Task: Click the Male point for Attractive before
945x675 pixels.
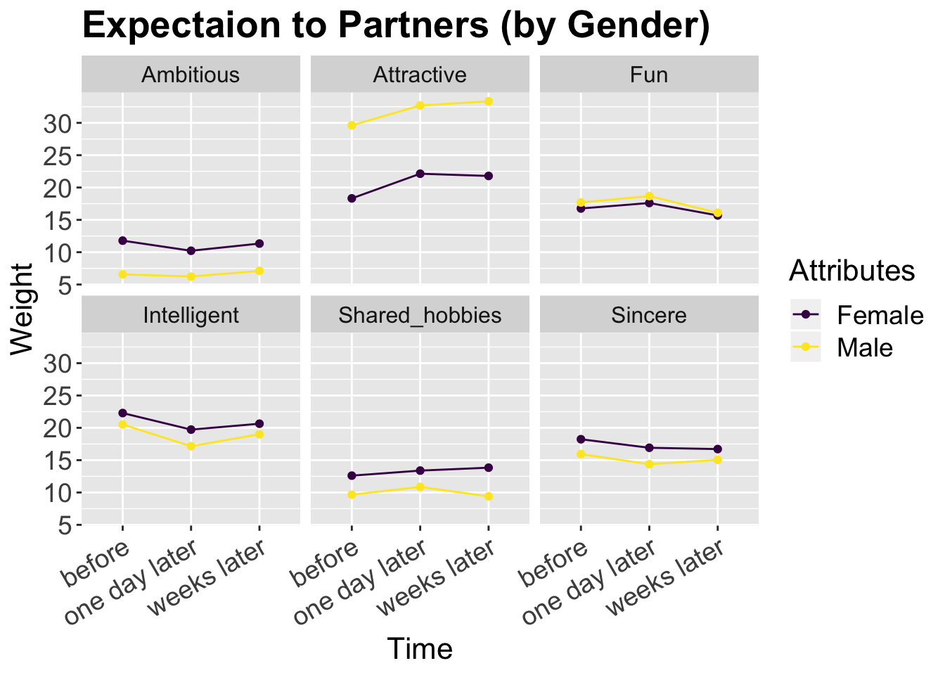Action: [x=352, y=126]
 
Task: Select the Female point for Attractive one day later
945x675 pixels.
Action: [x=420, y=174]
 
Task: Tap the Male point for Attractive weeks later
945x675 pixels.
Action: [x=489, y=101]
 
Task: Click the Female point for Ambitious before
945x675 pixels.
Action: [x=122, y=240]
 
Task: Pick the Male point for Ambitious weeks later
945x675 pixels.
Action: [x=259, y=271]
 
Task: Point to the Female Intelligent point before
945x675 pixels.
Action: [x=122, y=413]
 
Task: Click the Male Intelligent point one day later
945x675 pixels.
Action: [x=191, y=446]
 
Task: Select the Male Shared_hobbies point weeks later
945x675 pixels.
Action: [x=489, y=496]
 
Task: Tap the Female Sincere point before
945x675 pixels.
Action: [x=581, y=439]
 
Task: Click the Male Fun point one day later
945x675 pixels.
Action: [x=649, y=196]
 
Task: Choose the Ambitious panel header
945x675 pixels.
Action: [x=191, y=75]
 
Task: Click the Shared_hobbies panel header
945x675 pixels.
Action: [x=420, y=315]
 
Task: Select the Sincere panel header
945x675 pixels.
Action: [x=649, y=315]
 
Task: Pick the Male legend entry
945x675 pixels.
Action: [x=864, y=347]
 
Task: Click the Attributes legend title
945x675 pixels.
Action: [x=851, y=271]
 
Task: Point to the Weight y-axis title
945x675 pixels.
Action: [x=22, y=309]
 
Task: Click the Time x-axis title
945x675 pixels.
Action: [x=420, y=648]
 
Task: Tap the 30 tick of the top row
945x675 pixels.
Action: [x=58, y=124]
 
